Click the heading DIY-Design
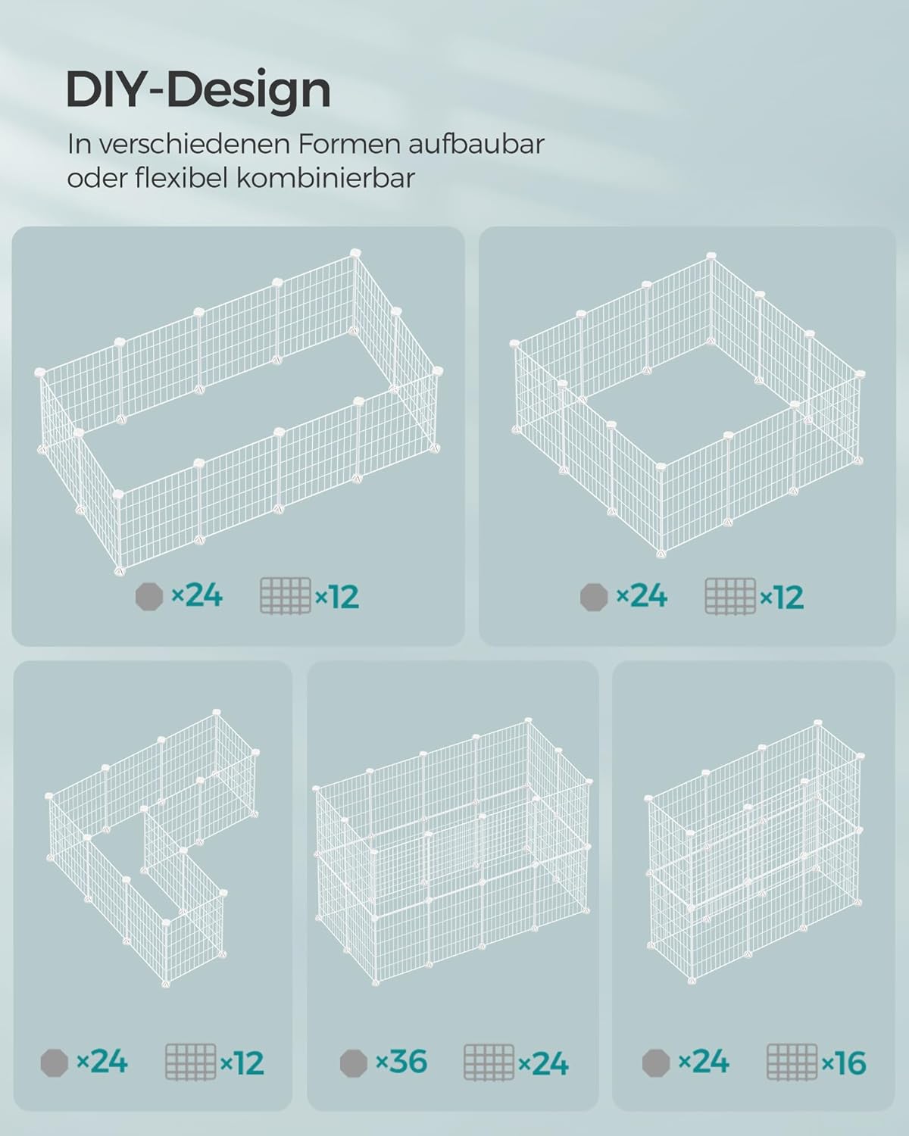click(198, 92)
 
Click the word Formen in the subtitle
click(348, 144)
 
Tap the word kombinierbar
click(325, 178)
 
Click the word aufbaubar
click(476, 144)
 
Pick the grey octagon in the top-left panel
click(149, 597)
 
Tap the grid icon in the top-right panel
click(730, 596)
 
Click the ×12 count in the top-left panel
click(337, 597)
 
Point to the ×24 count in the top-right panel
click(641, 596)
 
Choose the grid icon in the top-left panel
click(286, 596)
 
